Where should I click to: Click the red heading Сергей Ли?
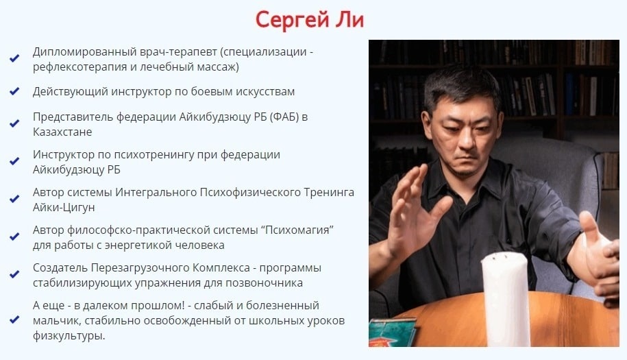coord(310,20)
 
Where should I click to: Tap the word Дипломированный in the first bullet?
coord(85,52)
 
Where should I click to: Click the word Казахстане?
coord(62,132)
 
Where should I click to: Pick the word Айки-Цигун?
coord(64,208)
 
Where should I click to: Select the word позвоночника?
coord(265,283)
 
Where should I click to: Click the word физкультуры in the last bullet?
coord(69,336)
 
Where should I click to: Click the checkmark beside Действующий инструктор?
coord(14,92)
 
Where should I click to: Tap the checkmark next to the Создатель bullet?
coord(14,274)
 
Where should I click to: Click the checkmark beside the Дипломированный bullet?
coord(14,58)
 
